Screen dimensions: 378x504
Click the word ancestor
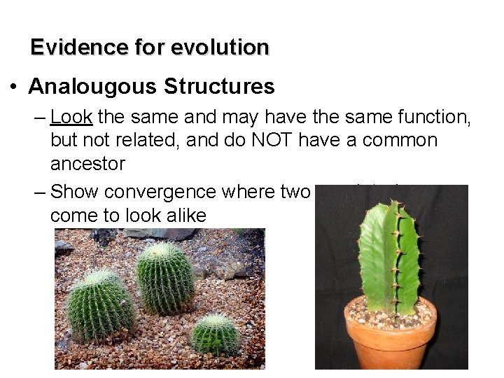coord(87,165)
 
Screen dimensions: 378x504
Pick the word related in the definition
coord(143,141)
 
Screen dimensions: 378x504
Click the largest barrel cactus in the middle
coord(165,276)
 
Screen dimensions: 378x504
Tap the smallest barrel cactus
coord(215,334)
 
